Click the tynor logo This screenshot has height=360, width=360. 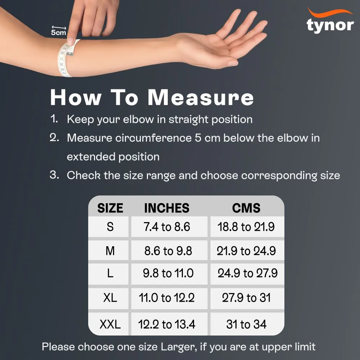coord(330,23)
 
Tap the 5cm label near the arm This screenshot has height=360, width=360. coord(58,32)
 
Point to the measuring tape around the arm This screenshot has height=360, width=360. coord(66,59)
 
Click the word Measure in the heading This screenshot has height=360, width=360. coord(201,98)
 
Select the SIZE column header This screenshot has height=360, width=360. coord(110,208)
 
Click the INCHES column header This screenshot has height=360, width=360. coord(167,208)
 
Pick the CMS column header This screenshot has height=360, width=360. coord(246,208)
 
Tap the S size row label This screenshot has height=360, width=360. coord(110,227)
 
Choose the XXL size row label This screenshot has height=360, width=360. coord(110,325)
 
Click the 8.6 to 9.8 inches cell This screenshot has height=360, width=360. coord(168,251)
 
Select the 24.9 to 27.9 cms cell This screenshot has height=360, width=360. coord(247,273)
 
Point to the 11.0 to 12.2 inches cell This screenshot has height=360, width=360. coord(167,298)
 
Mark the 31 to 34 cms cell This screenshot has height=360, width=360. coord(246,325)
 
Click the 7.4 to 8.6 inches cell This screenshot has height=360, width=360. coord(167,227)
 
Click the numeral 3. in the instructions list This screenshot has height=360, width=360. coord(54,175)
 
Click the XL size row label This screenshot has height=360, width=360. coord(110,298)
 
